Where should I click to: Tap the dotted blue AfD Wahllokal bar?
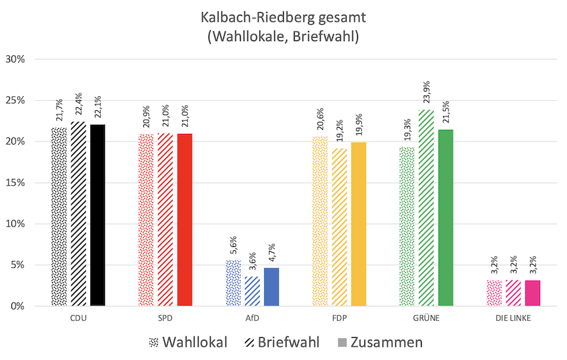click(233, 283)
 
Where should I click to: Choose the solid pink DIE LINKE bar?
click(533, 293)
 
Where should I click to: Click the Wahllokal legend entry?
click(188, 342)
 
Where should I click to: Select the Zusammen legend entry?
click(380, 342)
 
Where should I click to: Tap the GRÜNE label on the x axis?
click(426, 318)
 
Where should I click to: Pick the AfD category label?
click(252, 318)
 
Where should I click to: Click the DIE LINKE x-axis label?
click(513, 318)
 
